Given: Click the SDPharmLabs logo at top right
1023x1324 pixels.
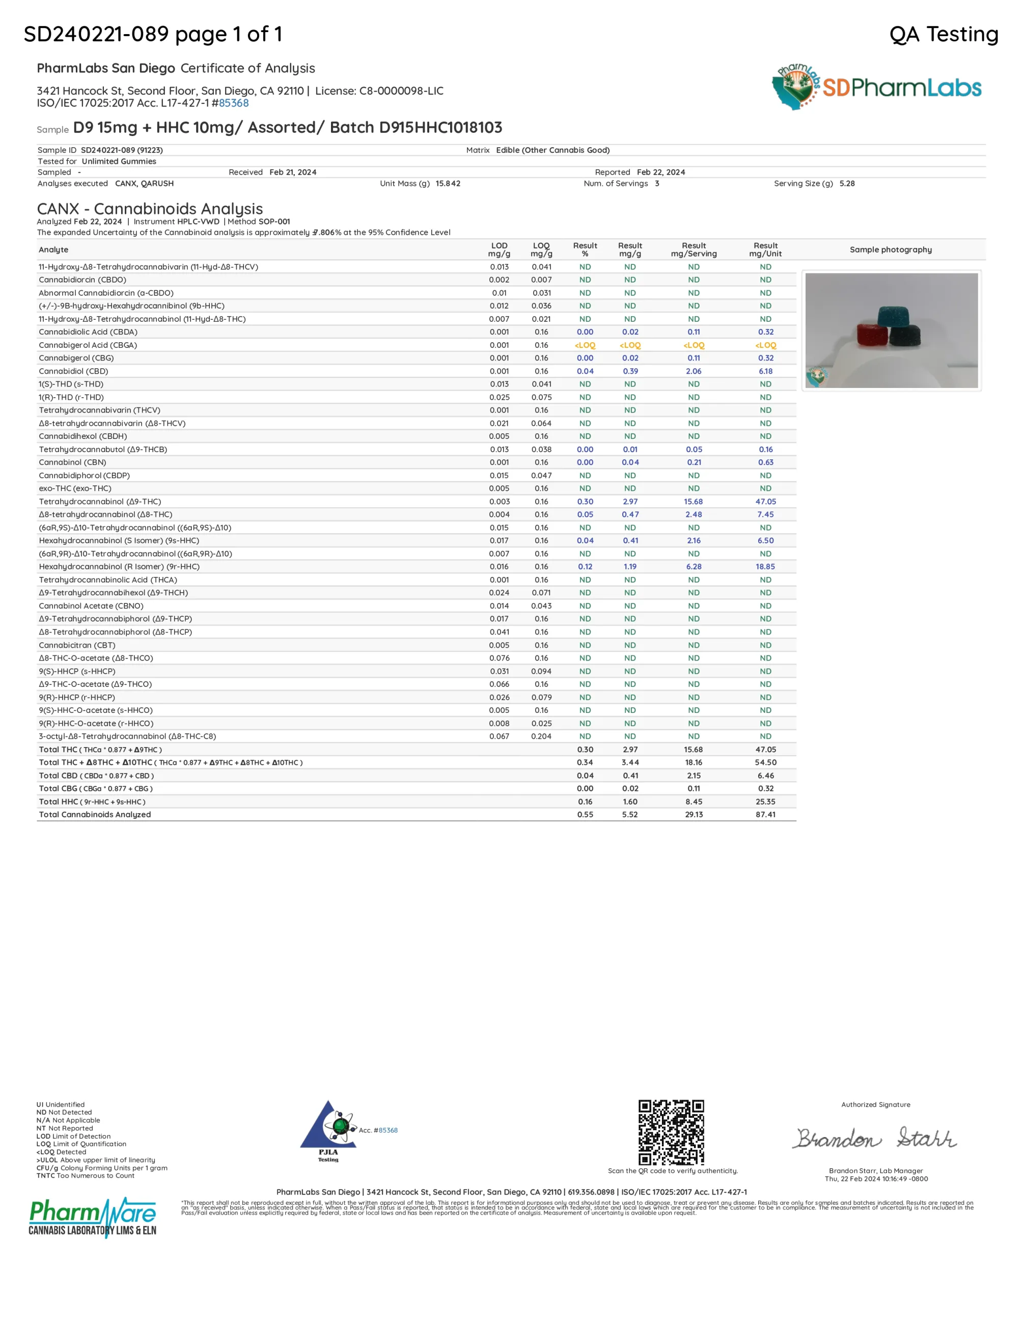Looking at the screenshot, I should (876, 87).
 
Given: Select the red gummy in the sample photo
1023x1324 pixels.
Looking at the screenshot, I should (872, 334).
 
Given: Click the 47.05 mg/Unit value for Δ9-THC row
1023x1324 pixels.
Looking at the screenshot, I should (765, 502).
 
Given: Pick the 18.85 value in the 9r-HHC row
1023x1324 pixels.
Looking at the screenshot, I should (765, 566).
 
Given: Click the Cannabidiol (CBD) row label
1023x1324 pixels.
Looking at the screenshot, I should (73, 371).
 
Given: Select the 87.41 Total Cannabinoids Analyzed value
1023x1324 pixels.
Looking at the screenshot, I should (765, 814).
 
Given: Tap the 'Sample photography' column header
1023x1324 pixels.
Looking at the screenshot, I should (890, 250).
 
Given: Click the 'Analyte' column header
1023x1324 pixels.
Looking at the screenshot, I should (53, 250).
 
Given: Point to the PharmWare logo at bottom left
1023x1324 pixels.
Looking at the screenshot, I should (92, 1217).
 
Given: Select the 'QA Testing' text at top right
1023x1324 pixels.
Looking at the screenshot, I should (944, 34).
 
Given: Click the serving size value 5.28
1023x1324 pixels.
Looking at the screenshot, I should (847, 184).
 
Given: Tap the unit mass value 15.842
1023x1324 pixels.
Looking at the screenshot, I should (448, 184).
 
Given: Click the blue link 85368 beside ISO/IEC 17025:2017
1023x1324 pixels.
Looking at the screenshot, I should (234, 103).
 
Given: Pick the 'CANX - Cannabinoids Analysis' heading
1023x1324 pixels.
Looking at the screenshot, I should (150, 209).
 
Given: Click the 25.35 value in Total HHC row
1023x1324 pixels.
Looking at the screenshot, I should (765, 802).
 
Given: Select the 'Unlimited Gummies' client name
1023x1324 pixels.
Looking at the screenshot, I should (119, 161).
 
